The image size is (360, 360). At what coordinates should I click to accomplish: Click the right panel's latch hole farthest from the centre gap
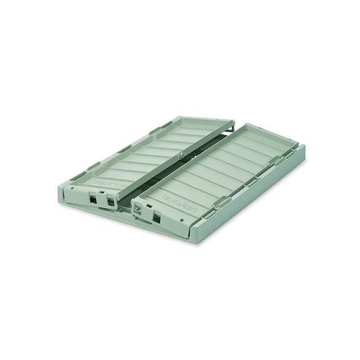coord(157,217)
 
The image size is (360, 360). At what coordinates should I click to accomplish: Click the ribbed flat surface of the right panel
coord(223,169)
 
